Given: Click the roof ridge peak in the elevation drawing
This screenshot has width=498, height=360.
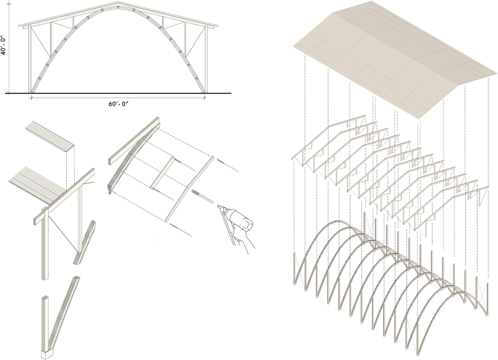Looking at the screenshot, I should click(x=119, y=5).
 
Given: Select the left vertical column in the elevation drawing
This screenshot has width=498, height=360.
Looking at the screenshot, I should click(x=31, y=62).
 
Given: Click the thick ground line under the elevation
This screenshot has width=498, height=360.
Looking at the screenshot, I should click(x=116, y=94).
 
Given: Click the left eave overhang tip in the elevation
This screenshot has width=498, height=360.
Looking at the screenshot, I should click(x=22, y=27).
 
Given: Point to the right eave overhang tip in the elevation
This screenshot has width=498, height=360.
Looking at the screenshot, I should click(x=216, y=27).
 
